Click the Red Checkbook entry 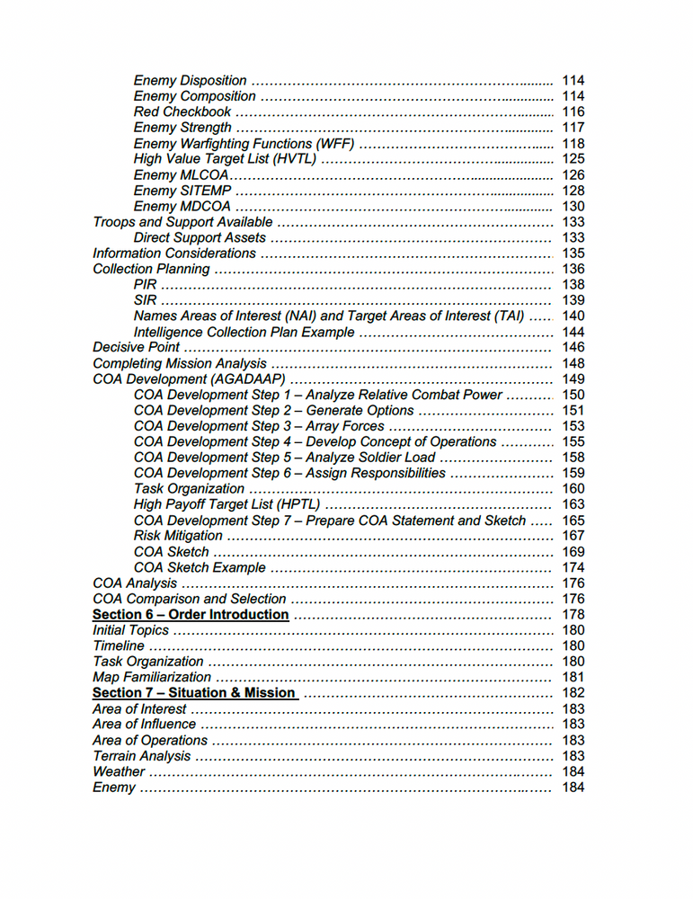pyautogui.click(x=182, y=112)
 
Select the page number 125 pyautogui.click(x=573, y=159)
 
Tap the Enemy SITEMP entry pyautogui.click(x=182, y=191)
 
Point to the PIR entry pyautogui.click(x=145, y=285)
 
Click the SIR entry pyautogui.click(x=145, y=300)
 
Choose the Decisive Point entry pyautogui.click(x=136, y=347)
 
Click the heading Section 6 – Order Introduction pyautogui.click(x=191, y=615)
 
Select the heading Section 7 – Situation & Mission pyautogui.click(x=193, y=693)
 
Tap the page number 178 pyautogui.click(x=573, y=615)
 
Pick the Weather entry pyautogui.click(x=119, y=771)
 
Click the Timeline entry pyautogui.click(x=119, y=645)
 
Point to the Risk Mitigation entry pyautogui.click(x=178, y=536)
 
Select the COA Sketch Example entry pyautogui.click(x=200, y=567)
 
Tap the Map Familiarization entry pyautogui.click(x=152, y=677)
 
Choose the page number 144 pyautogui.click(x=573, y=332)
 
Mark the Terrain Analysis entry pyautogui.click(x=142, y=756)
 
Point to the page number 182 pyautogui.click(x=573, y=693)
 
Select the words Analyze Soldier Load pyautogui.click(x=370, y=458)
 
